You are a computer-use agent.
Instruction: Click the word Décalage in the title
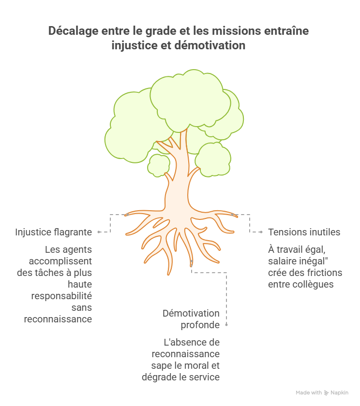click(x=74, y=31)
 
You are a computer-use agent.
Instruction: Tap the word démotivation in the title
click(x=210, y=45)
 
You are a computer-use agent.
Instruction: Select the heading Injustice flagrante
click(x=53, y=232)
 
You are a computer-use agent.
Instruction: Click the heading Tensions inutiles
click(x=304, y=232)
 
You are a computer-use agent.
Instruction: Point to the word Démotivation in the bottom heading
click(x=191, y=313)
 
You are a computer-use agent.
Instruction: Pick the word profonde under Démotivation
click(x=200, y=325)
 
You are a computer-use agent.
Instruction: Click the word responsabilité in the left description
click(x=61, y=296)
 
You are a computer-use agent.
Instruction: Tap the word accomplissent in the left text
click(x=60, y=261)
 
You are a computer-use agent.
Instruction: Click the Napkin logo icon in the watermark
click(x=326, y=393)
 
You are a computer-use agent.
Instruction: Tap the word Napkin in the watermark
click(x=340, y=393)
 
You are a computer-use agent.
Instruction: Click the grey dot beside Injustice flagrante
click(x=99, y=232)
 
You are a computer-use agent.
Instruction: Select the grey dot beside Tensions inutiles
click(x=261, y=232)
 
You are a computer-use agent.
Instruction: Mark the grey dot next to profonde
click(x=226, y=324)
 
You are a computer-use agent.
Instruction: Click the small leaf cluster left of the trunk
click(x=159, y=165)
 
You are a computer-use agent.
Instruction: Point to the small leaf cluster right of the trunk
click(x=213, y=159)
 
